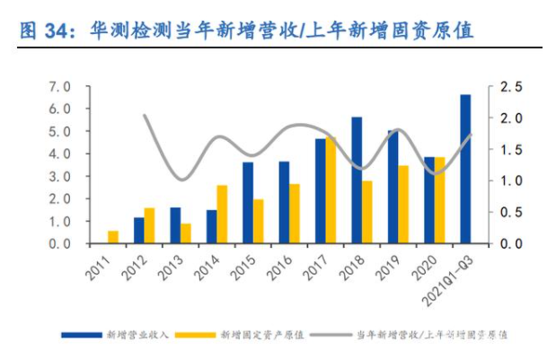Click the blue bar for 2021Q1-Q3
point(464,169)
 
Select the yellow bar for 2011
point(112,237)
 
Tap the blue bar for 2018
point(356,180)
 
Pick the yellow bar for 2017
point(331,190)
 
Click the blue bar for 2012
point(138,230)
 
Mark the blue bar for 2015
point(248,202)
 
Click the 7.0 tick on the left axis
point(60,86)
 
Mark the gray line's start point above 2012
point(145,115)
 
